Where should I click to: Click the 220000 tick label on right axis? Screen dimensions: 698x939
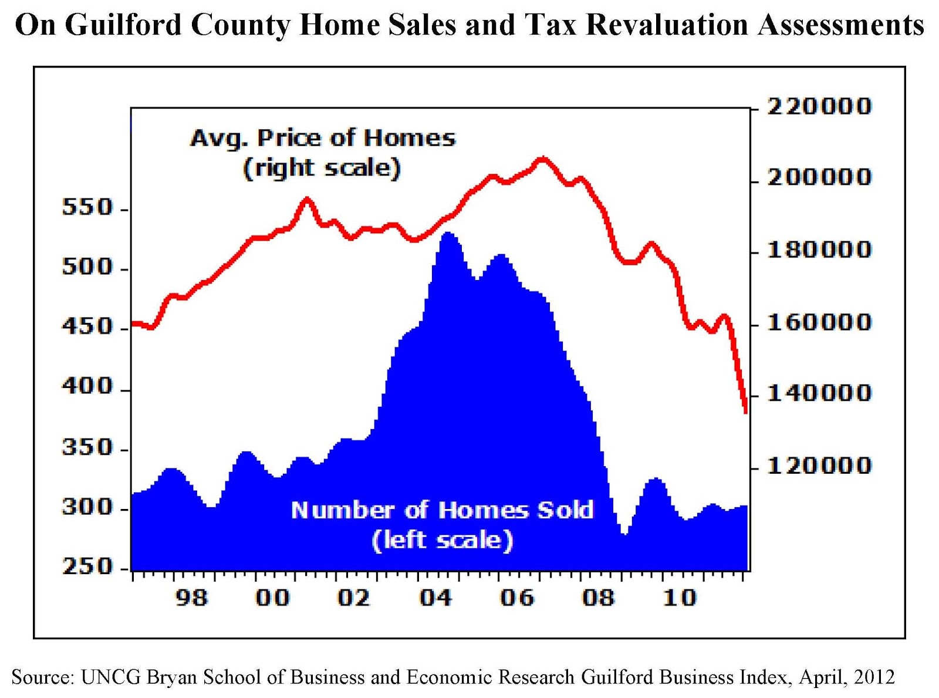coord(819,107)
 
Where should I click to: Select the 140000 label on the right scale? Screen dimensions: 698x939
coord(819,393)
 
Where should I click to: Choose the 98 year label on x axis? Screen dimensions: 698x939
coord(191,598)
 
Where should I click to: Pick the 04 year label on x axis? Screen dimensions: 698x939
coord(435,598)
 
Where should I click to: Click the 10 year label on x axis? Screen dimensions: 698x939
coord(679,598)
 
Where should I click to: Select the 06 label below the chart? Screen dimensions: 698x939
coord(516,598)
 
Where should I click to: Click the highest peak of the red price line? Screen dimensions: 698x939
coord(543,158)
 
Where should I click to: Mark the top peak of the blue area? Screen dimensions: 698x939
coord(448,233)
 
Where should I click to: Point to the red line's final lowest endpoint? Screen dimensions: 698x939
coord(745,412)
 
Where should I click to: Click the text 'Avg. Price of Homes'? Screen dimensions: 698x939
coord(323,139)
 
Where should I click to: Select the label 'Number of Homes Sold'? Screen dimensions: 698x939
coord(442,510)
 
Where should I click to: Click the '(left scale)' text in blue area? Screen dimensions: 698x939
coord(442,540)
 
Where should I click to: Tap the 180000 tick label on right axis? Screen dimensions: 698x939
coord(819,250)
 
